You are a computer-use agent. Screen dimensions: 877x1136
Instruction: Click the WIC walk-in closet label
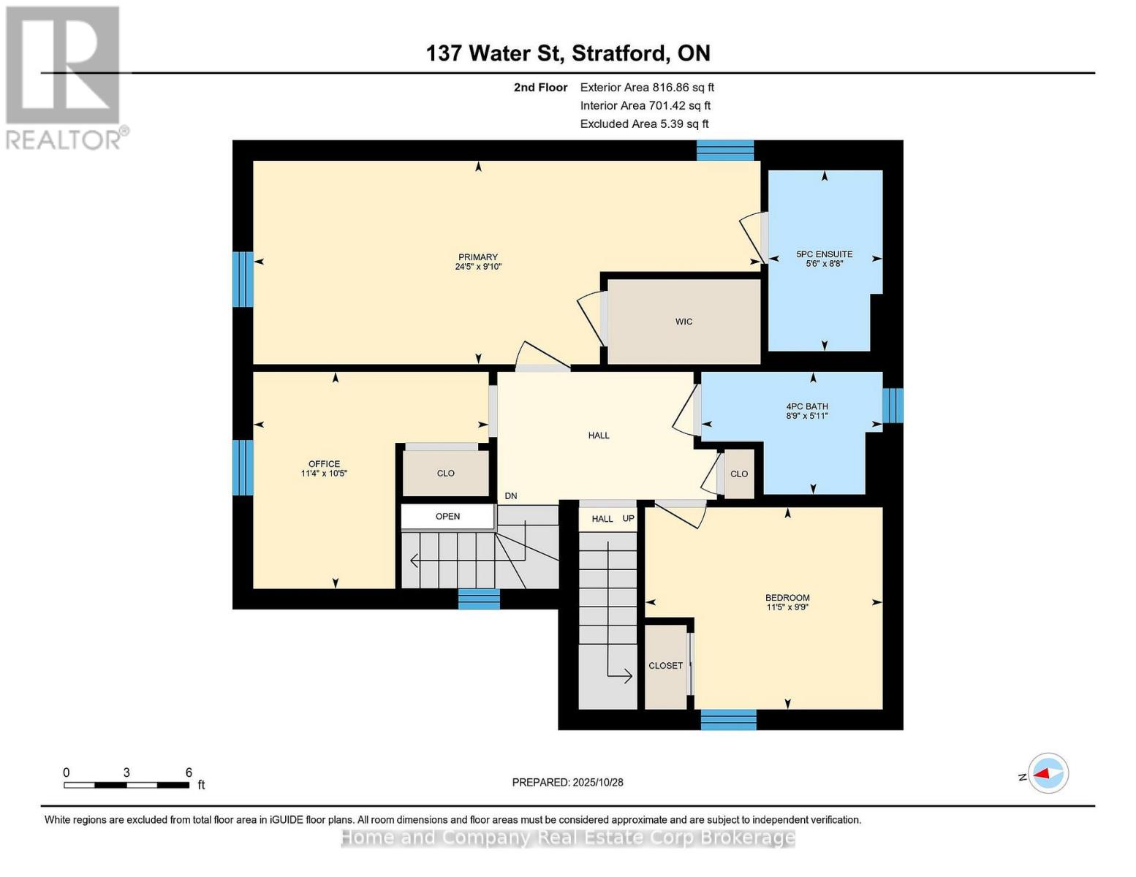tap(684, 322)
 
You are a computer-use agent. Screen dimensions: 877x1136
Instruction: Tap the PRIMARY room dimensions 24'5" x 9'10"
tap(478, 267)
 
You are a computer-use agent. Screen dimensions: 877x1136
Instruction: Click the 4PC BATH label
tap(807, 406)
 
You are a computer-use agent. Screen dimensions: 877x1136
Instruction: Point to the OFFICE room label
tap(324, 464)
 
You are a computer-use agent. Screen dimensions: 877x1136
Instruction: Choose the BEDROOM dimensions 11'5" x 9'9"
tap(787, 607)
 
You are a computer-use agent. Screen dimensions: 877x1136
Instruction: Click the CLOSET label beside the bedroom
tap(665, 666)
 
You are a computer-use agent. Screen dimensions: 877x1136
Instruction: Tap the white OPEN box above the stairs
tap(447, 517)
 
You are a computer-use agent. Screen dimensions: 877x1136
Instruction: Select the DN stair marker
tap(510, 496)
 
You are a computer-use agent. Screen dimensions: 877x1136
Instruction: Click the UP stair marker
tap(628, 519)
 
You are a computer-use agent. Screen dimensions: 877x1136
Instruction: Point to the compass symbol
tap(1048, 773)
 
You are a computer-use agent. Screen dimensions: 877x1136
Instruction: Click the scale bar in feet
tap(126, 785)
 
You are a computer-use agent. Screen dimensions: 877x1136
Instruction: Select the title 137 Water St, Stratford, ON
tap(568, 53)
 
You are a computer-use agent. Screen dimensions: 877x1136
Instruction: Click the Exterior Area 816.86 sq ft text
tap(647, 87)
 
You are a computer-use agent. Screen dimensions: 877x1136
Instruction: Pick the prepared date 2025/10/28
tap(567, 782)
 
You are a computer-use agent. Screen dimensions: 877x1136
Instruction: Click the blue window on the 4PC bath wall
tap(893, 406)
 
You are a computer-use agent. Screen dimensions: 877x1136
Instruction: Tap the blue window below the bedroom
tap(728, 720)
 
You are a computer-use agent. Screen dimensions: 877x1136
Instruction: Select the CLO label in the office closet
tap(446, 474)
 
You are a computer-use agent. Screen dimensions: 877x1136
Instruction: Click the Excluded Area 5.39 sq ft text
tap(644, 124)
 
